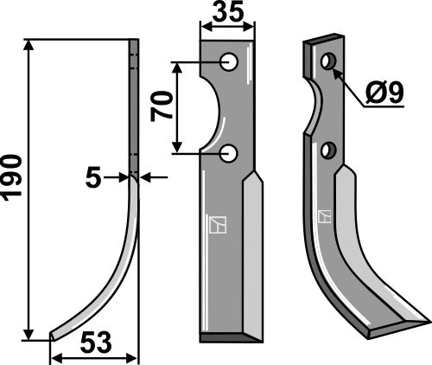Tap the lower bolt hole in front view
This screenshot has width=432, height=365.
(x=228, y=154)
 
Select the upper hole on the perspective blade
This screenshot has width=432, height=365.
(x=327, y=63)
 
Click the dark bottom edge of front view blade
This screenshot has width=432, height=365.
(x=226, y=336)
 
